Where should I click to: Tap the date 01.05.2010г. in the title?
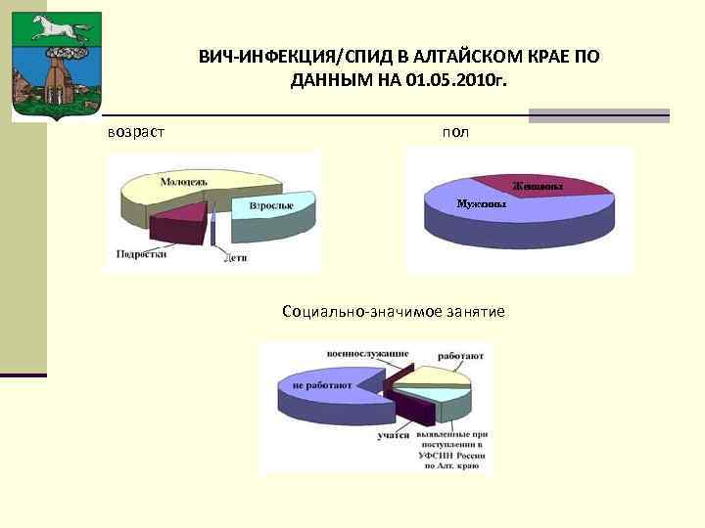tap(451, 79)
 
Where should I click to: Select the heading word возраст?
tap(136, 131)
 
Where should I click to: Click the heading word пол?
tap(454, 131)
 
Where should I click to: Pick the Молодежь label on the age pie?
tap(184, 182)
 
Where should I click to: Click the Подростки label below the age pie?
tap(140, 253)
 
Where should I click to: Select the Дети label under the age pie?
tap(235, 259)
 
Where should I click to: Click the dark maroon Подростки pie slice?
tap(175, 224)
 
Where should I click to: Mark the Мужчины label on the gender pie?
tap(481, 205)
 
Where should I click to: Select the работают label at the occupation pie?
tap(460, 357)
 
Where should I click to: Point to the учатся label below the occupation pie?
tap(394, 435)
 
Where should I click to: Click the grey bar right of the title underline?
tap(598, 115)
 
